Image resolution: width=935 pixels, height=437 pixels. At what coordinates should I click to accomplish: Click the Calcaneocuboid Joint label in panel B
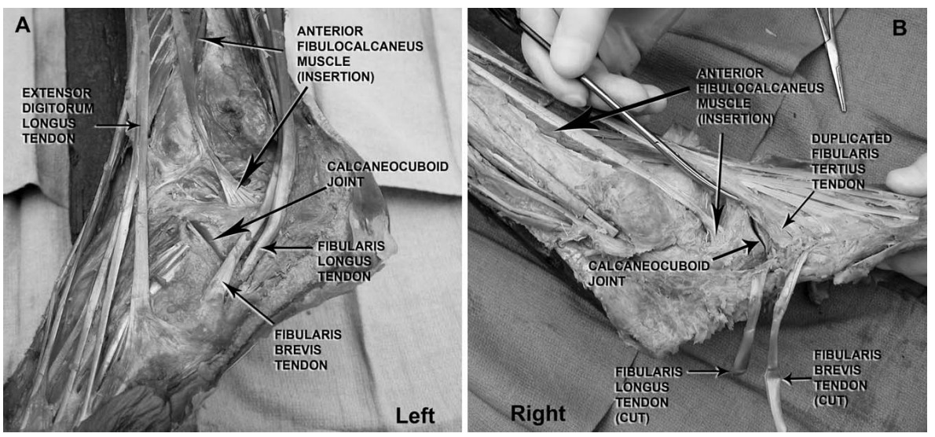pos(649,273)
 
